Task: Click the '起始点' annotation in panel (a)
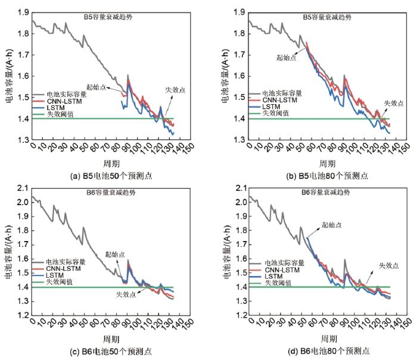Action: point(95,87)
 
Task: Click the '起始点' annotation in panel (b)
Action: point(287,58)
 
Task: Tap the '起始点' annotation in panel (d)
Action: point(332,225)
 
